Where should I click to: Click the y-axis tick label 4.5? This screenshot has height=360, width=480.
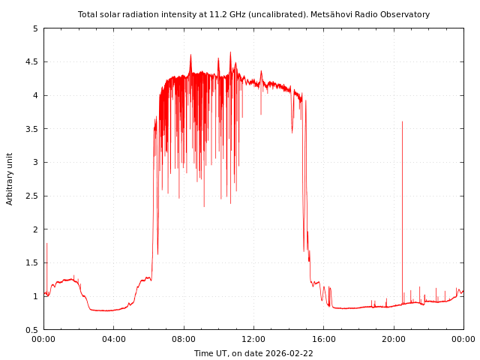(32, 62)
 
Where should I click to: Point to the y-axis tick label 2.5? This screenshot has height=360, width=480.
(32, 196)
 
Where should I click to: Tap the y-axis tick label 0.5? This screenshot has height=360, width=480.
(32, 330)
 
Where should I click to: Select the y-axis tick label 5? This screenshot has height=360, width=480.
(35, 28)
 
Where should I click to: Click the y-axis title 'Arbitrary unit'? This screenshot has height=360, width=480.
(10, 178)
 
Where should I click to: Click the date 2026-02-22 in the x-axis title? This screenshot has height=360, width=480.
(289, 353)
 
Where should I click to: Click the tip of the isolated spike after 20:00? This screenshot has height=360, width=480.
(402, 121)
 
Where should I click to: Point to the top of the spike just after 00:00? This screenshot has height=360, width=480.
(46, 243)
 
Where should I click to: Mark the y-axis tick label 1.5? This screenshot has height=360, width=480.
(32, 263)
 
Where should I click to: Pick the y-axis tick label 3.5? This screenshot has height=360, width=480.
(32, 129)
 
